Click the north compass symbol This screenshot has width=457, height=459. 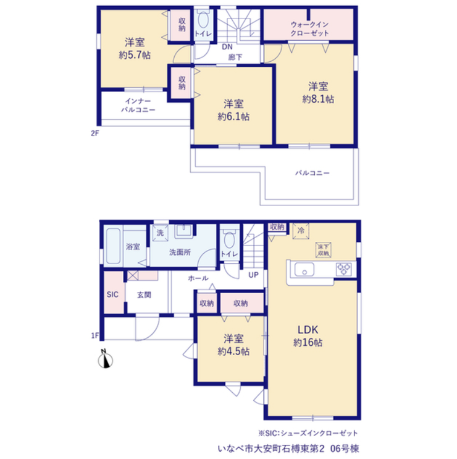(106, 359)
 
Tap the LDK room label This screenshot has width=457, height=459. (308, 330)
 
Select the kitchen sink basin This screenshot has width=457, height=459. (304, 269)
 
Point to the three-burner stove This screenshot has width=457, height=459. (343, 269)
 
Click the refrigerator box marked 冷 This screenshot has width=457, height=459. (301, 231)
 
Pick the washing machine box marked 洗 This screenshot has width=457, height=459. (160, 233)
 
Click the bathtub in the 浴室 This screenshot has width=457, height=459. (113, 246)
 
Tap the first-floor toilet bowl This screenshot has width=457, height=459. (229, 240)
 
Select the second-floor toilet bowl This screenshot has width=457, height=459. (203, 20)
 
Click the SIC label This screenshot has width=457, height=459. (112, 294)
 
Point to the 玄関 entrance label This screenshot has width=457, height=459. (144, 295)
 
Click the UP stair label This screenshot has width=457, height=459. (253, 275)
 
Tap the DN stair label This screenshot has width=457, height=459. (227, 47)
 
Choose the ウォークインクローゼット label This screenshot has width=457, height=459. (310, 28)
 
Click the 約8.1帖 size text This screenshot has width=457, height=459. (318, 99)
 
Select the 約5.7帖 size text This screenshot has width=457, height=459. (135, 55)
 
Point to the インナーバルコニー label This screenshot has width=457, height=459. (138, 105)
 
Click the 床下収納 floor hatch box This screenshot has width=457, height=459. (323, 250)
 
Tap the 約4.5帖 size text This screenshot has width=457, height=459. (233, 351)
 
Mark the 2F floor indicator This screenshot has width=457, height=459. (95, 134)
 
